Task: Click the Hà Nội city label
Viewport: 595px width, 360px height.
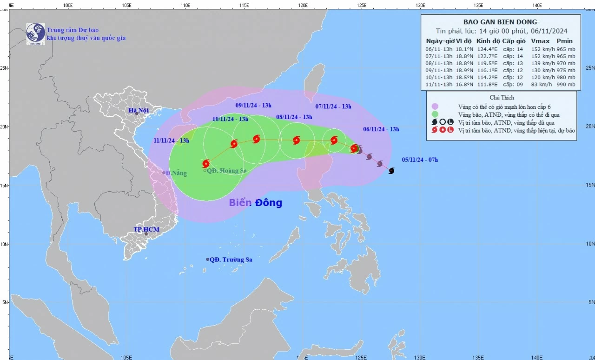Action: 139,110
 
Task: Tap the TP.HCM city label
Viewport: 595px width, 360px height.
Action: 146,229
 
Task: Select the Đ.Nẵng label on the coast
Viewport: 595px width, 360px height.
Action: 177,173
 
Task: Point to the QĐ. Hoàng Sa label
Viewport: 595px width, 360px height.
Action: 226,171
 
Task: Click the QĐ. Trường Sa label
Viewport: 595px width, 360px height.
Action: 231,260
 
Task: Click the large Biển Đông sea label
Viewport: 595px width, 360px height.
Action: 255,203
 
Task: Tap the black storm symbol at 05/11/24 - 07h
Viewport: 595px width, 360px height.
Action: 391,171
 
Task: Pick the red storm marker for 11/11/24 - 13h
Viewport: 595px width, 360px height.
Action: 206,163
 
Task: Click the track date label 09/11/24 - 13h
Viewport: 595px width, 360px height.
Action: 254,106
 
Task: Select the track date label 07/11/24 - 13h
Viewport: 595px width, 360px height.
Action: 333,107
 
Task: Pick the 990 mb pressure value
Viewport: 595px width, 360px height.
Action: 565,85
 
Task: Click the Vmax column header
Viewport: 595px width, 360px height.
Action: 540,41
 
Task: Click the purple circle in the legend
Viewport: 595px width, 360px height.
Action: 435,106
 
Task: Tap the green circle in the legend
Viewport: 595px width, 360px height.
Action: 435,114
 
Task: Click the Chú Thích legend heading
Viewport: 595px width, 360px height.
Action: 501,98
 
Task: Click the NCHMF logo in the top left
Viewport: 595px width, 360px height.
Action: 35,33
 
